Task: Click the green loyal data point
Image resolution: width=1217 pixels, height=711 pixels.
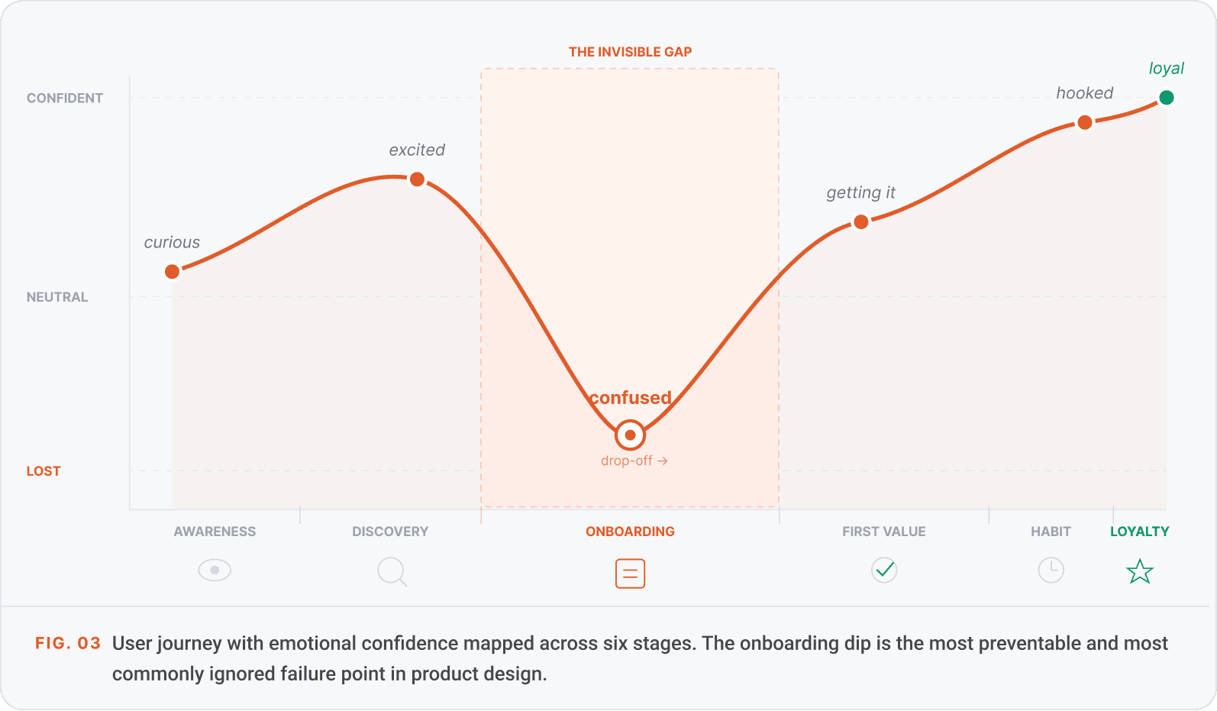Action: pyautogui.click(x=1166, y=98)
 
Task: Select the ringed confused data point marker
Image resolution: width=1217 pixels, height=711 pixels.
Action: pyautogui.click(x=630, y=435)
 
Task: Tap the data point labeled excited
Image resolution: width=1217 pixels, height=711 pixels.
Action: pyautogui.click(x=418, y=179)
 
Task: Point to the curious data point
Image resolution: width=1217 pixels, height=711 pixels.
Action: pyautogui.click(x=173, y=272)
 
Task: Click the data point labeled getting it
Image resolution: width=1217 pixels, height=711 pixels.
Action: pyautogui.click(x=861, y=221)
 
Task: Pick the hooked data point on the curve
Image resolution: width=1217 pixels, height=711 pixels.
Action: pyautogui.click(x=1084, y=123)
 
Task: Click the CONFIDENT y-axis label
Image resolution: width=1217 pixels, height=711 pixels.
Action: pyautogui.click(x=65, y=99)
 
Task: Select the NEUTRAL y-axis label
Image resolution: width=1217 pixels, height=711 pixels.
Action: pyautogui.click(x=57, y=297)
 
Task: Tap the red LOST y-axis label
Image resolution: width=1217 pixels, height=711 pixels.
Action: pyautogui.click(x=44, y=471)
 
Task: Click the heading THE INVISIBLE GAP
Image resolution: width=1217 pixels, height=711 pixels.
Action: pyautogui.click(x=630, y=52)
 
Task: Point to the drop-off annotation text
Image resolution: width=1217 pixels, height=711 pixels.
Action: pyautogui.click(x=634, y=461)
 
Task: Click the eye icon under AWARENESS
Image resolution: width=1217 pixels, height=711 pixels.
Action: pyautogui.click(x=215, y=570)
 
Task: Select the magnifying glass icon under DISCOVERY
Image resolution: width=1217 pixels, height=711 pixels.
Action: pyautogui.click(x=392, y=572)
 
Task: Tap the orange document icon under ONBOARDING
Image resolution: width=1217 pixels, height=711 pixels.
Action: pyautogui.click(x=630, y=574)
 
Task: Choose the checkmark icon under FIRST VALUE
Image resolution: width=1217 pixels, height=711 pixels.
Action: pyautogui.click(x=884, y=570)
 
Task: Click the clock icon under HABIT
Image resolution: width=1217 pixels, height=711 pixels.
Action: pyautogui.click(x=1051, y=570)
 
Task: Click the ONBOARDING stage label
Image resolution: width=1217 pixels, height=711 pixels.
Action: pyautogui.click(x=630, y=532)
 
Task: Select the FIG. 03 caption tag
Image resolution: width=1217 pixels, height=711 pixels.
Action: pyautogui.click(x=68, y=643)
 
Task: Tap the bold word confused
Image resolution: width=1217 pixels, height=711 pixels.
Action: pyautogui.click(x=630, y=397)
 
